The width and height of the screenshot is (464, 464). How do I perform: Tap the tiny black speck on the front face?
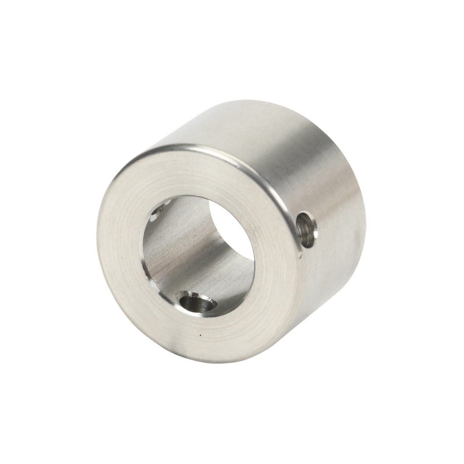(200, 335)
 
